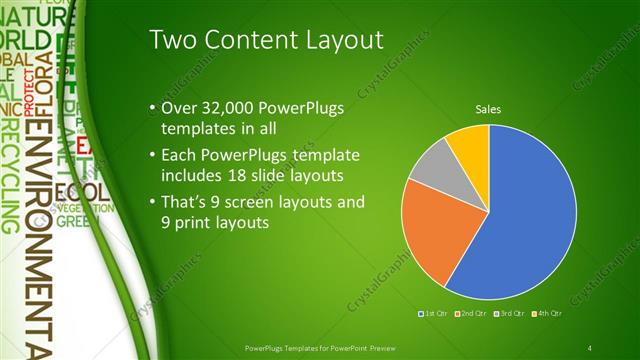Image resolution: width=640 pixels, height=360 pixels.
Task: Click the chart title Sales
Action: point(487,109)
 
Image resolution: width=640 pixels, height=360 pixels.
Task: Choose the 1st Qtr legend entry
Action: point(435,313)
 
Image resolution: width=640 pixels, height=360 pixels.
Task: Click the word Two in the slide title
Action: point(173,40)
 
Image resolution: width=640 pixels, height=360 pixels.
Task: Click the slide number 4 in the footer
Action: point(591,347)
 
